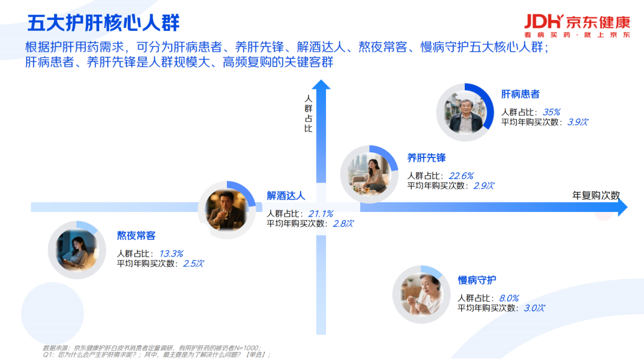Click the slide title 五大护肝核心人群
click(x=103, y=22)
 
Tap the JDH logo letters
click(x=544, y=21)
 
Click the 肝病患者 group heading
click(x=520, y=94)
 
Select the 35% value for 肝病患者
click(x=551, y=112)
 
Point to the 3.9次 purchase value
click(x=578, y=122)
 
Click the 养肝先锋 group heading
click(x=426, y=157)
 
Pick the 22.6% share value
click(x=461, y=176)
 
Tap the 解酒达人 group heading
click(x=286, y=196)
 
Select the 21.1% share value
click(x=320, y=214)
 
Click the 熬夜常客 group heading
click(x=136, y=235)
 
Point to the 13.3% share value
click(x=171, y=253)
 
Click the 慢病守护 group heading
click(x=477, y=280)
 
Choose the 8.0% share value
click(x=509, y=299)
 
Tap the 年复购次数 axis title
click(x=596, y=195)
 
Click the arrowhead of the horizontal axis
click(x=622, y=207)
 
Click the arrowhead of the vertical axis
click(x=321, y=84)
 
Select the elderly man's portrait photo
click(x=465, y=113)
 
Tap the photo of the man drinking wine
click(x=227, y=210)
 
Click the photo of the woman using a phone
click(x=77, y=250)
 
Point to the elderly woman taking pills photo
click(x=421, y=294)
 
